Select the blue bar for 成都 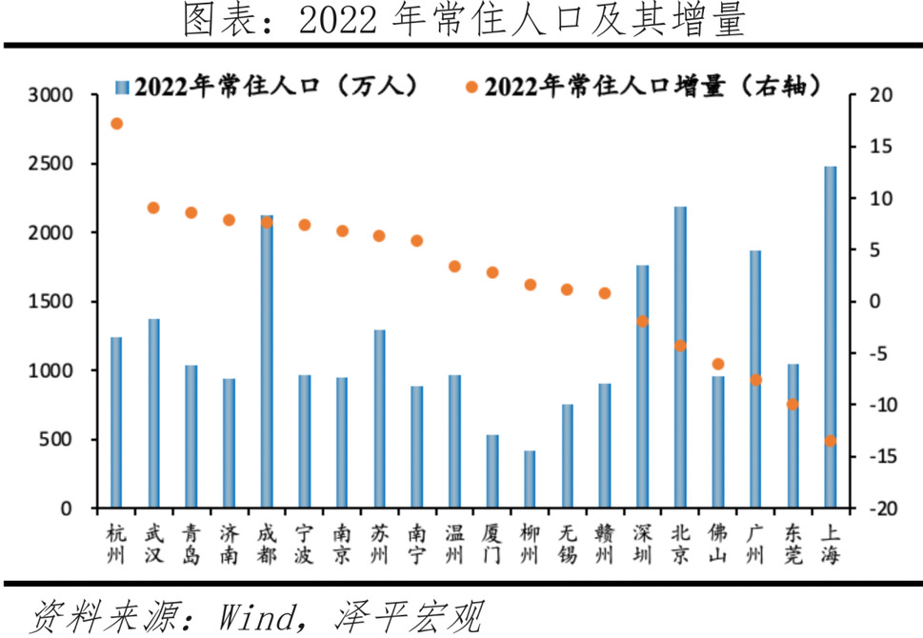(x=267, y=361)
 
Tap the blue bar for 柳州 (x=530, y=479)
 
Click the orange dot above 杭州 (x=116, y=124)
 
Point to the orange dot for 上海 (x=830, y=441)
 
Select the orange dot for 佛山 (x=717, y=364)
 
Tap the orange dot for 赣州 (x=605, y=293)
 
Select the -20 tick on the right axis (x=876, y=508)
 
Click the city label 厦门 (x=492, y=543)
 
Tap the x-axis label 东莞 (x=793, y=543)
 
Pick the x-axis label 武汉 (x=154, y=543)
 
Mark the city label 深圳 (x=642, y=543)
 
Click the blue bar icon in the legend (x=121, y=87)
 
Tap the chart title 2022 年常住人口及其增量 (x=463, y=21)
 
